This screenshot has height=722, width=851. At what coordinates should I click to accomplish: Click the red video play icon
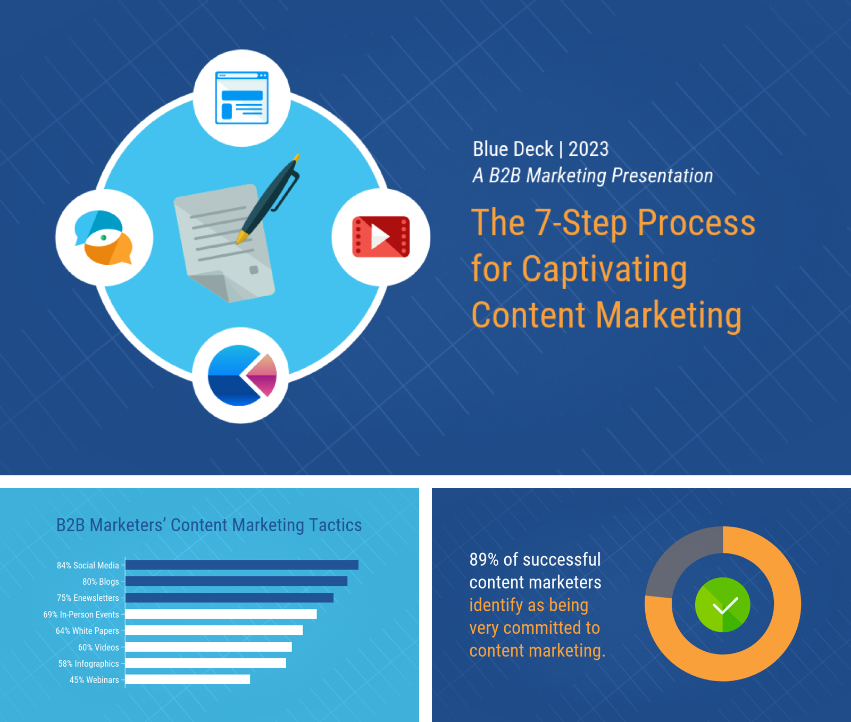[381, 237]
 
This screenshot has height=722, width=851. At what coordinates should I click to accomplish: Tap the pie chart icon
[242, 375]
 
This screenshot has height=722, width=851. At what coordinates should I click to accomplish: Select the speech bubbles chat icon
[104, 238]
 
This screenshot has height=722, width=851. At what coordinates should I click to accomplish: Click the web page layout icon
[241, 98]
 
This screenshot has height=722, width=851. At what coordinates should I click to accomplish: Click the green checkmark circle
[722, 605]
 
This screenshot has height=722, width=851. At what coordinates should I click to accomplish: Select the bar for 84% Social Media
[241, 565]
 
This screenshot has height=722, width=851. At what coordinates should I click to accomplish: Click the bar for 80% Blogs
[236, 581]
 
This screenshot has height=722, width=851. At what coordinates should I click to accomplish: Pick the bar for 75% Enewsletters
[229, 598]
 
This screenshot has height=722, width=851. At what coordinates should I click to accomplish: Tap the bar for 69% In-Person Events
[221, 614]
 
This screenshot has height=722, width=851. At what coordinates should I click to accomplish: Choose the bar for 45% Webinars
[187, 679]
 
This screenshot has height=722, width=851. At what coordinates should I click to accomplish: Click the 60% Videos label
[98, 648]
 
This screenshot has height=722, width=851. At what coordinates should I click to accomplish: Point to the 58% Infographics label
[88, 664]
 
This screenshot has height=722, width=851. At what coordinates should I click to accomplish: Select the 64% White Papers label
[87, 631]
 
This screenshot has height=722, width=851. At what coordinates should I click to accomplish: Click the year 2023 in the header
[588, 149]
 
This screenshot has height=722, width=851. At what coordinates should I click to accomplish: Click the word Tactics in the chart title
[335, 525]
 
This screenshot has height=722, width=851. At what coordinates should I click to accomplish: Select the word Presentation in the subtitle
[662, 175]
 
